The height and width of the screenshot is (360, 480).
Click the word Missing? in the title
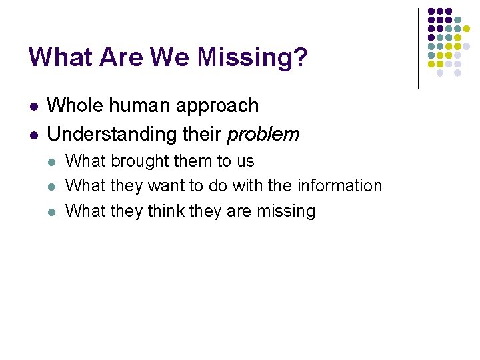(x=253, y=58)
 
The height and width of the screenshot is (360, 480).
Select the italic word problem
(x=263, y=135)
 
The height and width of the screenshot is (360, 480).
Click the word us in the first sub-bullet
(x=245, y=162)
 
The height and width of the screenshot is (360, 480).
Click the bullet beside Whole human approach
(x=33, y=107)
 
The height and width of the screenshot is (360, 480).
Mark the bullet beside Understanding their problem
(x=33, y=135)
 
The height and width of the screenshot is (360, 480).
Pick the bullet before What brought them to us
(x=53, y=162)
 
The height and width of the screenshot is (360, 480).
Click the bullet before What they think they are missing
(x=53, y=212)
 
